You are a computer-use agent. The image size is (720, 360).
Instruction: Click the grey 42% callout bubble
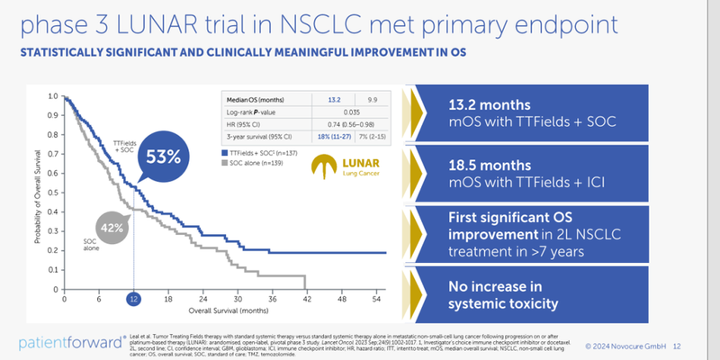(x=112, y=229)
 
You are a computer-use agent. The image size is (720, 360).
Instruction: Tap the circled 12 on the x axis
(x=134, y=299)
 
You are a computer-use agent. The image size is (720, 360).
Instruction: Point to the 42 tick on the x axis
(x=307, y=299)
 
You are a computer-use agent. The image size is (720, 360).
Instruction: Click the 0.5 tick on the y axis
(x=52, y=191)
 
